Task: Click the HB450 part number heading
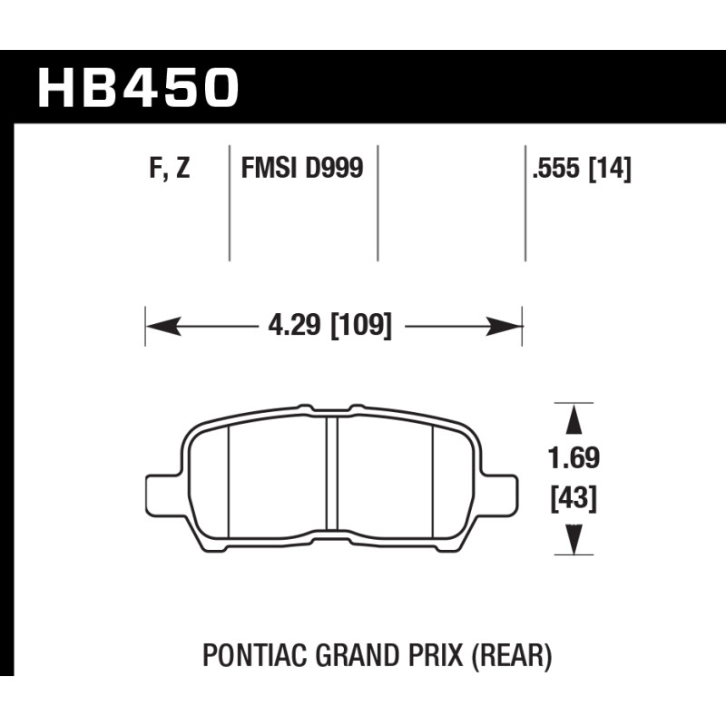(x=138, y=87)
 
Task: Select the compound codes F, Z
(x=170, y=168)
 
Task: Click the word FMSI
(x=269, y=167)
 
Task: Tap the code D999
(x=333, y=167)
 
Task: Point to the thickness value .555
(x=555, y=168)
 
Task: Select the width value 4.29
(x=294, y=325)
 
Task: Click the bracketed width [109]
(x=361, y=325)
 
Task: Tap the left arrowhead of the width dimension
(x=163, y=327)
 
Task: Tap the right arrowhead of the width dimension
(x=505, y=327)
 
